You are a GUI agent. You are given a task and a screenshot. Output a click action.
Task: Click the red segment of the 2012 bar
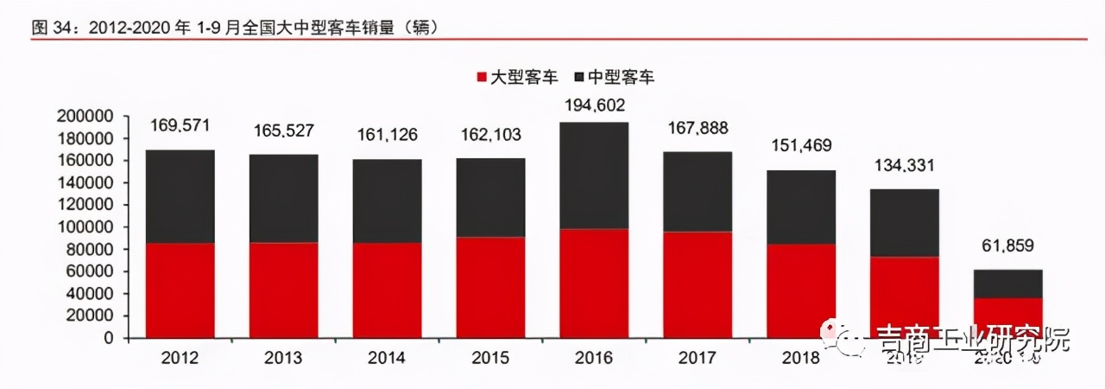[x=180, y=290]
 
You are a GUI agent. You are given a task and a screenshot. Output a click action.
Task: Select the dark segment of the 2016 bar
[x=594, y=175]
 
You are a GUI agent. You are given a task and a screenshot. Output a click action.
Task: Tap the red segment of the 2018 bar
[x=801, y=291]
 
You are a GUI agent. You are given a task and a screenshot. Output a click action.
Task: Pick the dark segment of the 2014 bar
[x=387, y=201]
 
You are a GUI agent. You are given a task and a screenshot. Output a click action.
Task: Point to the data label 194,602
[x=594, y=105]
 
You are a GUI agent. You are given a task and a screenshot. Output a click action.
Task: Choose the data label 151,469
[x=801, y=144]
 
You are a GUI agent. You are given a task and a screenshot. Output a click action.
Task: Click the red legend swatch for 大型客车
[x=482, y=77]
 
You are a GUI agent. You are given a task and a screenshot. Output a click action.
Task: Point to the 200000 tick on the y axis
[x=85, y=116]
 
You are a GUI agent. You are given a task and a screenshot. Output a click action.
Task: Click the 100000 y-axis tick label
[x=85, y=227]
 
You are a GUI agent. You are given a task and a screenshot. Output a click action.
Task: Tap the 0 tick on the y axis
[x=109, y=338]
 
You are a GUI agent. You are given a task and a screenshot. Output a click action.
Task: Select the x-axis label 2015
[x=490, y=358]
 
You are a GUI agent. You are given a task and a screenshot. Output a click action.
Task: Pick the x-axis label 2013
[x=283, y=358]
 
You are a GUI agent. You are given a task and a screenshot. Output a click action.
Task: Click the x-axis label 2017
[x=698, y=358]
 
